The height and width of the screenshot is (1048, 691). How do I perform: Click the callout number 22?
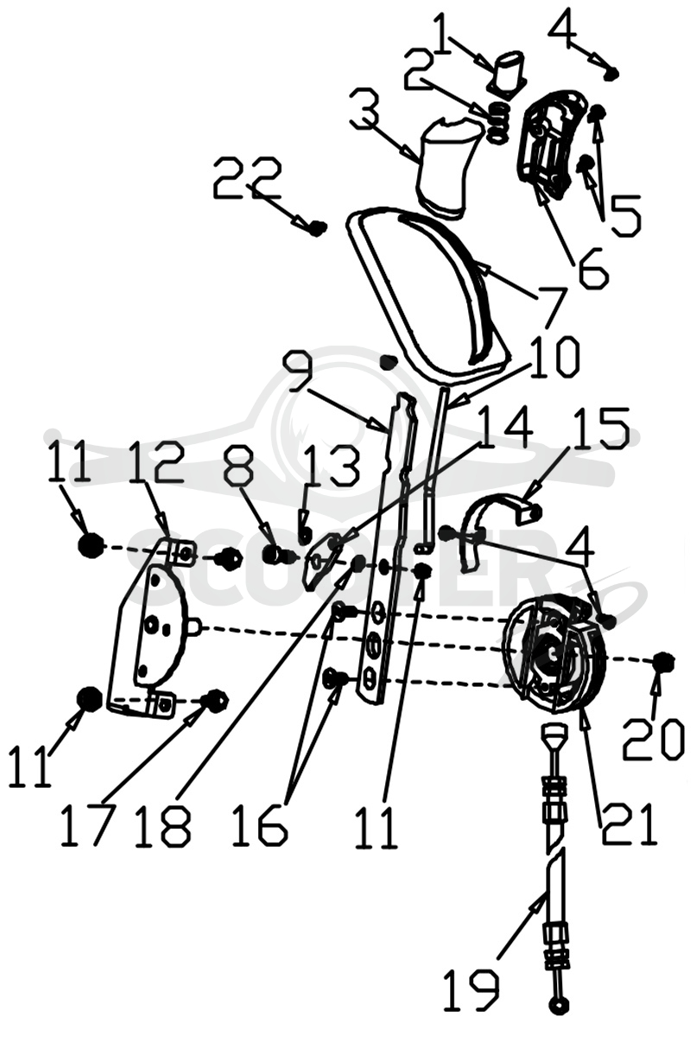pos(248,179)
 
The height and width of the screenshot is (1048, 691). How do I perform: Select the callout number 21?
pos(630,823)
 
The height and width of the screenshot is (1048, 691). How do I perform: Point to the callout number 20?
pos(653,740)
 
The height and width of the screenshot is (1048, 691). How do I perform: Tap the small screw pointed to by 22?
pos(317,228)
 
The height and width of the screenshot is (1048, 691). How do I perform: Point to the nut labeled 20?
pos(664,661)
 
